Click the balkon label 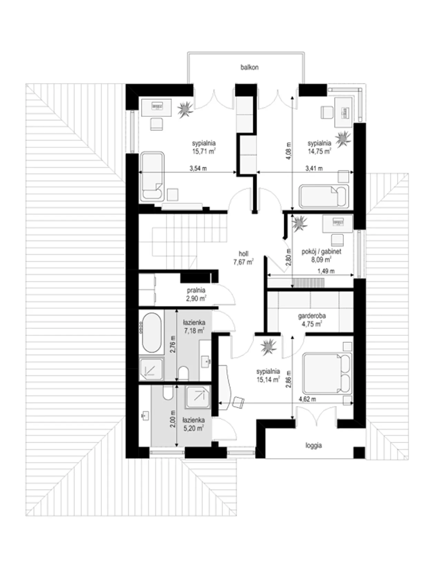pyautogui.click(x=249, y=67)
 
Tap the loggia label pyautogui.click(x=314, y=445)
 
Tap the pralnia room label pyautogui.click(x=196, y=291)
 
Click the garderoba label pyautogui.click(x=312, y=316)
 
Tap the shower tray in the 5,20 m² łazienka pyautogui.click(x=198, y=397)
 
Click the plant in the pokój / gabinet pyautogui.click(x=299, y=224)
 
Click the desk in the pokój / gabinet pyautogui.click(x=338, y=224)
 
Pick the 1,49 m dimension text pyautogui.click(x=326, y=271)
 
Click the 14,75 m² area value pyautogui.click(x=319, y=151)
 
